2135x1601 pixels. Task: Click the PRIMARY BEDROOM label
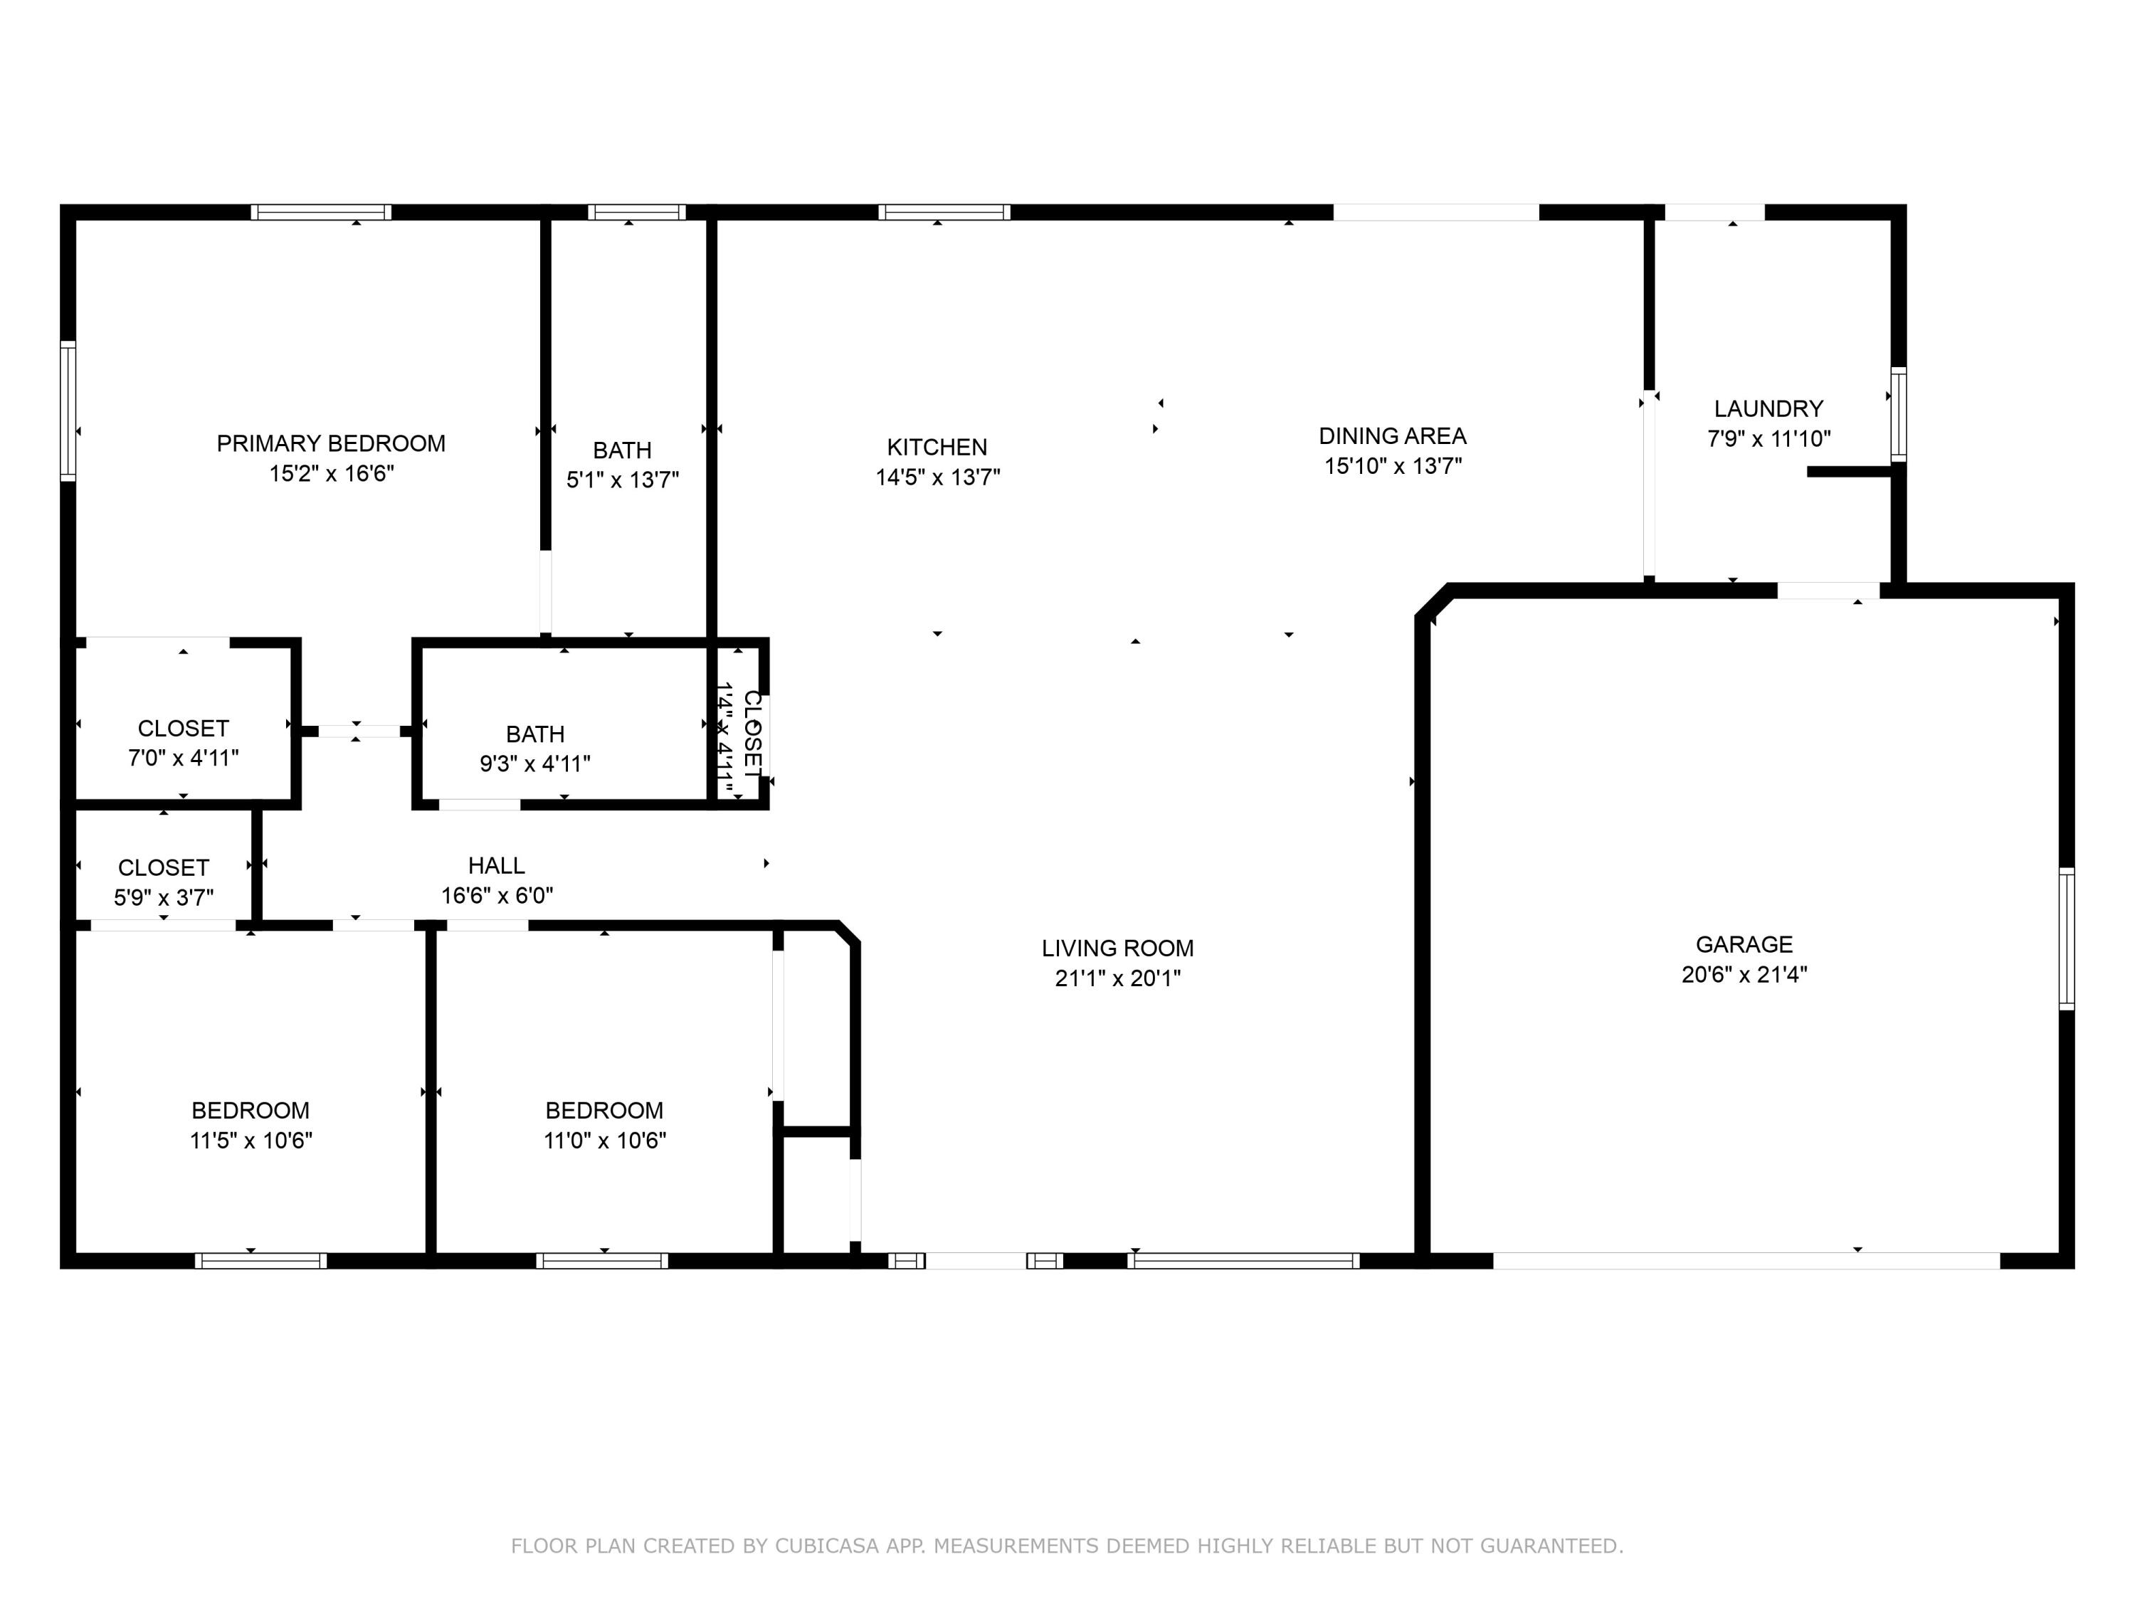(x=331, y=443)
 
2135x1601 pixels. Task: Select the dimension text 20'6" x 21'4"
(x=1744, y=975)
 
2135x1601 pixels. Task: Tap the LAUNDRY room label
(x=1768, y=408)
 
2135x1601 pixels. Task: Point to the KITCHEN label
(x=937, y=447)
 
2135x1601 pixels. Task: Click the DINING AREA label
(x=1392, y=436)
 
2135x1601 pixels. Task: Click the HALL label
(x=496, y=866)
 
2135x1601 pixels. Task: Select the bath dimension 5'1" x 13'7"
(x=623, y=480)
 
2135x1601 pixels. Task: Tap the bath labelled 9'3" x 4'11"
(x=534, y=734)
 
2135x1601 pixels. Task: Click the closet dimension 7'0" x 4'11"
(x=184, y=759)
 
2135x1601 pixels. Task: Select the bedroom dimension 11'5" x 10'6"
(x=251, y=1141)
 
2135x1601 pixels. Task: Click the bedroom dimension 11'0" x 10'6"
(x=604, y=1141)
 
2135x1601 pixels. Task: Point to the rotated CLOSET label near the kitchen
(x=753, y=734)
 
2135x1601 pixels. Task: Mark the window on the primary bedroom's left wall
(x=68, y=410)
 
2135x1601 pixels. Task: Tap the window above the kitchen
(x=944, y=212)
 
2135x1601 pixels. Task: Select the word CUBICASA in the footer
(x=826, y=1546)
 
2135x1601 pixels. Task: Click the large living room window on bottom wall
(x=1243, y=1260)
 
